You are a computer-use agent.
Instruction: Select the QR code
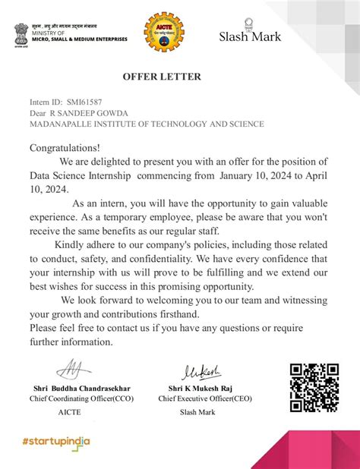click(314, 387)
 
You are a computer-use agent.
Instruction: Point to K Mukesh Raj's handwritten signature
click(201, 371)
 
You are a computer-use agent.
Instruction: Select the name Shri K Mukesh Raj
click(201, 387)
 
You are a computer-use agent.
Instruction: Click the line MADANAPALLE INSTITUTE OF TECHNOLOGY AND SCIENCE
click(147, 124)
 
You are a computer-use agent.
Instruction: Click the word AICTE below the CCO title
click(69, 412)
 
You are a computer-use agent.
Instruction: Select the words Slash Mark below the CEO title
click(197, 412)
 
